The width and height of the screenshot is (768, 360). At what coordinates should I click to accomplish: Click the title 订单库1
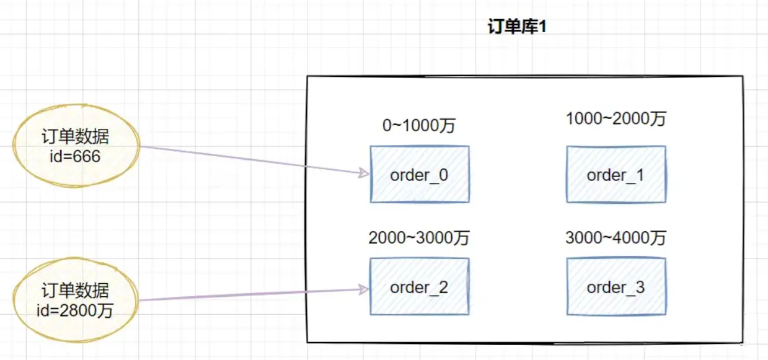click(x=517, y=29)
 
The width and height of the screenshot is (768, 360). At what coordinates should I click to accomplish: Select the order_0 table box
click(x=420, y=174)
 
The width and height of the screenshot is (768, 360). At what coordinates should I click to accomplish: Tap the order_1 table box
click(x=616, y=174)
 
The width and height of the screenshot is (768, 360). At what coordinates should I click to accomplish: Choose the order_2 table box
click(x=420, y=287)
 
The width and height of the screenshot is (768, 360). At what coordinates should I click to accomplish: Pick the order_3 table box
click(x=616, y=287)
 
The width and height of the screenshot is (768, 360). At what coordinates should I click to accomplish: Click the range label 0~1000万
click(x=419, y=126)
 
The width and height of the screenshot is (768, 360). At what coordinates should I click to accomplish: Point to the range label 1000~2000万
click(x=616, y=119)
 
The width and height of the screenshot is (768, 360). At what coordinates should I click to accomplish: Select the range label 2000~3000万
click(x=419, y=239)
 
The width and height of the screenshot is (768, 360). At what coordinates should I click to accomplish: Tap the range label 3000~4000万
click(x=616, y=238)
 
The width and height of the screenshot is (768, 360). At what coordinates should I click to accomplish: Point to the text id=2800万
click(x=77, y=310)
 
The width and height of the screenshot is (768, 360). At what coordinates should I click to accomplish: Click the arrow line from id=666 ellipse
click(x=248, y=160)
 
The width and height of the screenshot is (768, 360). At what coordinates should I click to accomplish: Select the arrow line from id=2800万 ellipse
click(x=248, y=294)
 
